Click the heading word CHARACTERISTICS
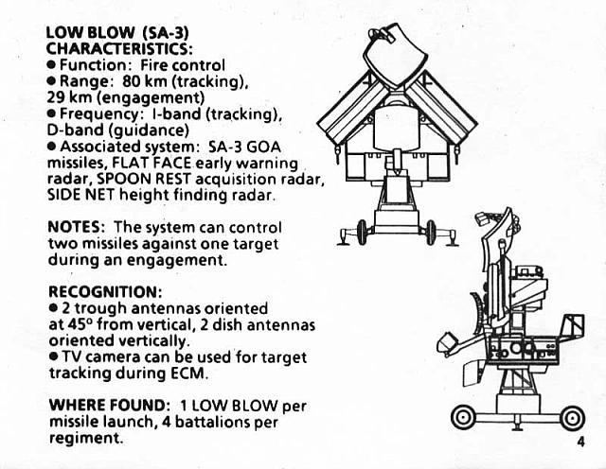tap(119, 49)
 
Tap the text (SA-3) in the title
tap(166, 33)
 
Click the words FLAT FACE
tap(151, 163)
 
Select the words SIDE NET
tap(80, 195)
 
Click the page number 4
tap(580, 442)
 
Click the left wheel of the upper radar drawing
tap(362, 233)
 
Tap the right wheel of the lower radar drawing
tap(572, 418)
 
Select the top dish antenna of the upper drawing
tap(396, 54)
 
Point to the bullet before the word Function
tap(52, 65)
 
